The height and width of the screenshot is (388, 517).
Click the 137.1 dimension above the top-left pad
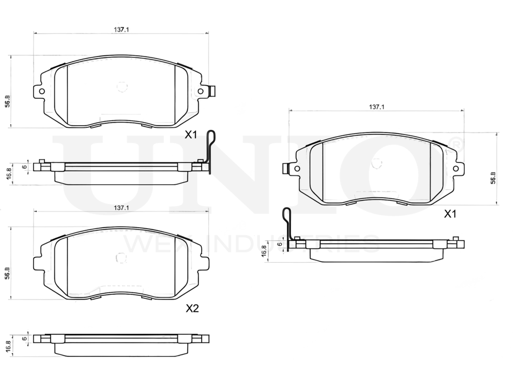coord(121,30)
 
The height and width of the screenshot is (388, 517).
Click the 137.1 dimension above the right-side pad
coord(376,107)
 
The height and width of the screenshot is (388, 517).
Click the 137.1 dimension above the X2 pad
coord(121,207)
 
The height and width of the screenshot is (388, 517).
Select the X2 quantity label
coord(192,309)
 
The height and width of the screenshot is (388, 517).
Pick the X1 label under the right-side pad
coord(450,214)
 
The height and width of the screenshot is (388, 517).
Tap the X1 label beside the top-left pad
coord(192,135)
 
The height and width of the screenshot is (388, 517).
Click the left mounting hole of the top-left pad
coord(42,92)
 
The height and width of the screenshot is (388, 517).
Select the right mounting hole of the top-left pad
coord(201,92)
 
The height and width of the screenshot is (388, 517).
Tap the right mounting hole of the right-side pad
coord(455,168)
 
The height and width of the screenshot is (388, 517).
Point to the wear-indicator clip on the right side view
coord(287,225)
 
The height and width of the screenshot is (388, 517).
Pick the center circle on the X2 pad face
coord(122,257)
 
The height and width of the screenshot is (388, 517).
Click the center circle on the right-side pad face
coord(377,163)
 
